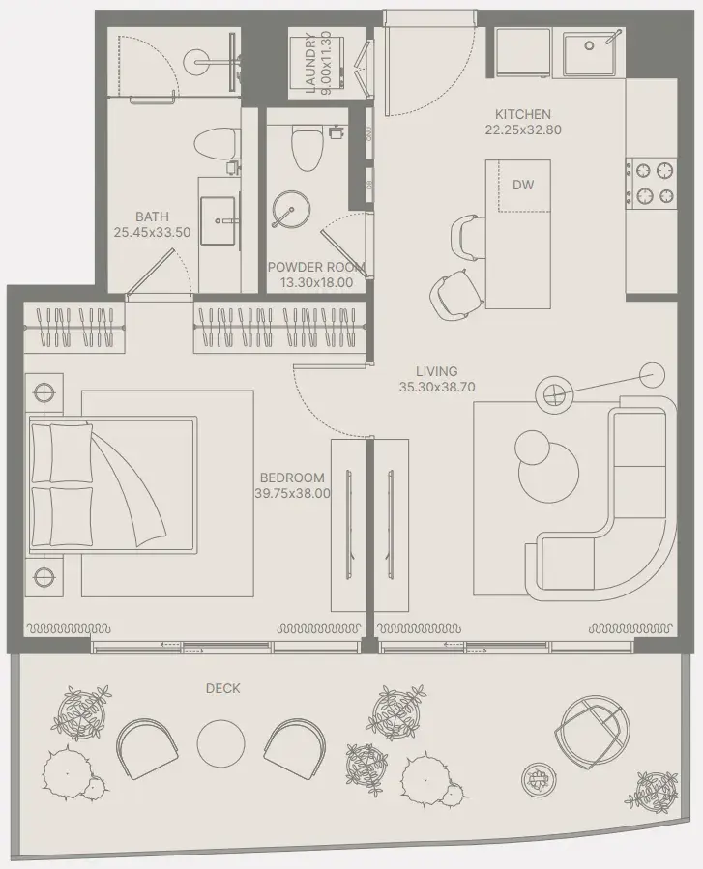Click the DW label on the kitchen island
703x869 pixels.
[523, 185]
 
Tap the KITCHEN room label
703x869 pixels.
[523, 115]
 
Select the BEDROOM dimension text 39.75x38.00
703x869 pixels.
[293, 493]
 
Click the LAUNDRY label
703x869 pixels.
[310, 62]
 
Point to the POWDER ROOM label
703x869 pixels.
[316, 267]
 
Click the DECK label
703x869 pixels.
[222, 689]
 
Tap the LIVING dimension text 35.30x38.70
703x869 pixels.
[437, 387]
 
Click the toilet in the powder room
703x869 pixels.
[308, 148]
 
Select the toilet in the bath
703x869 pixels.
[217, 142]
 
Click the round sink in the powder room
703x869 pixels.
[290, 210]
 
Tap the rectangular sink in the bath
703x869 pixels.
[220, 220]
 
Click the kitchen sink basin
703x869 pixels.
[590, 53]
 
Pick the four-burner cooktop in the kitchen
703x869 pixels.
[651, 181]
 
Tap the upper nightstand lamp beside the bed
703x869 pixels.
[44, 392]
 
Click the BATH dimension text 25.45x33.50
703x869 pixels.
[152, 232]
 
